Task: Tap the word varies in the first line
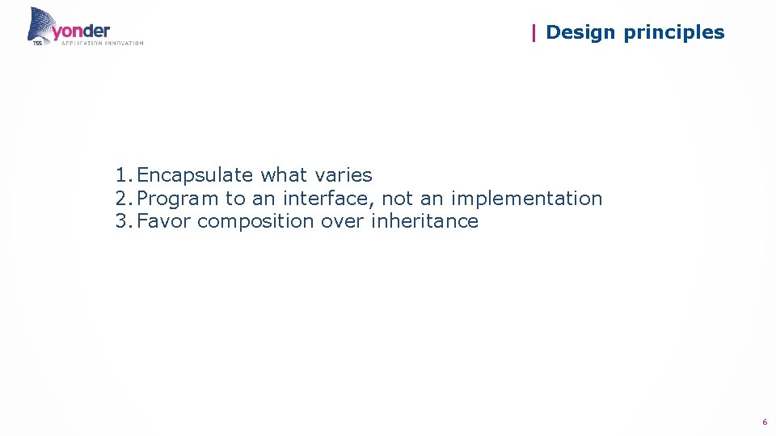pos(343,175)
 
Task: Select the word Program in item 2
pos(178,199)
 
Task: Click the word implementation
pos(526,199)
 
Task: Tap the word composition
pos(255,222)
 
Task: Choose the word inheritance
pos(424,221)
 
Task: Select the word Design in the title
pos(579,32)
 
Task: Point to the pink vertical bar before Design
pos(533,32)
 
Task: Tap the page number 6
pos(764,422)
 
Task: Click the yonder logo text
pos(81,31)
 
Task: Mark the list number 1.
pos(122,175)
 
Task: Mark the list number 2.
pos(122,199)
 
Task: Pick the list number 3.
pos(122,221)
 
